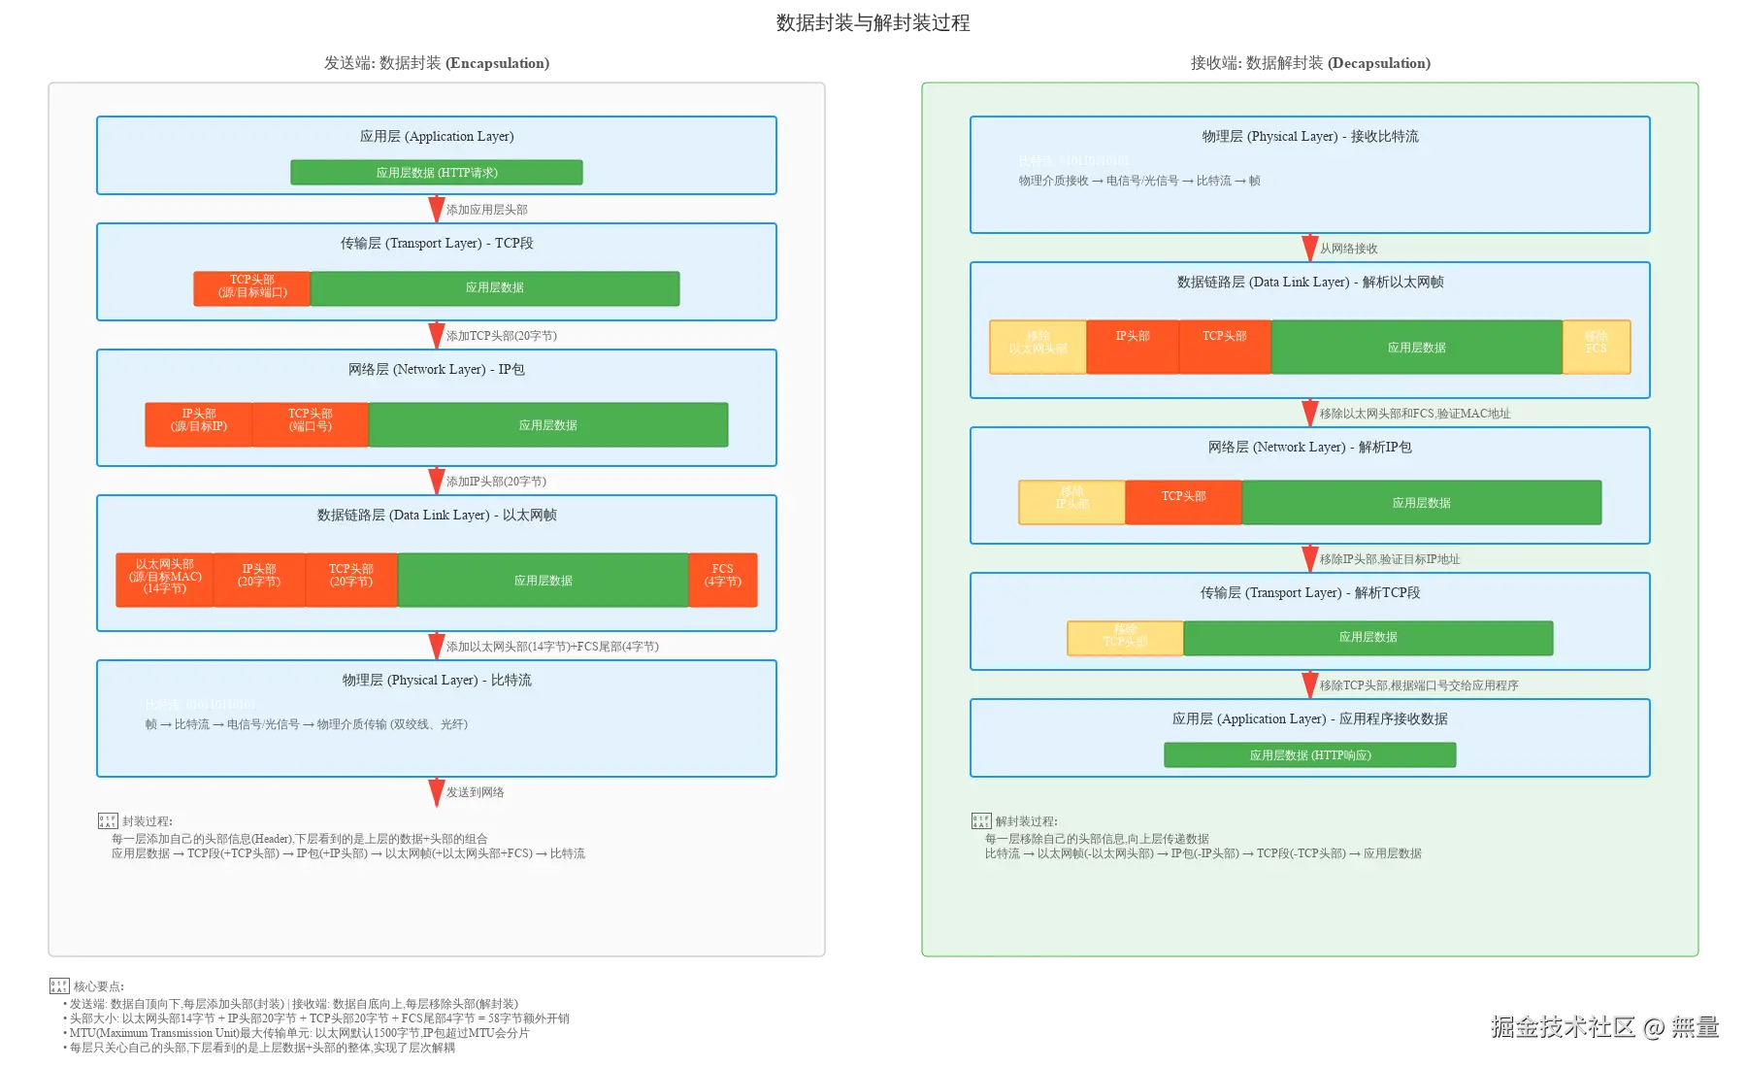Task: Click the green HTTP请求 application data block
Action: point(437,173)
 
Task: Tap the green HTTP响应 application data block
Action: point(1310,755)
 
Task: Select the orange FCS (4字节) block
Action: point(723,580)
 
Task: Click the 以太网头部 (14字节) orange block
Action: point(164,580)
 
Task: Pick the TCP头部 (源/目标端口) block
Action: point(252,288)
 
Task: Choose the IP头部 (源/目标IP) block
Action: point(199,424)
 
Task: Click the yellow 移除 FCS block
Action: point(1597,347)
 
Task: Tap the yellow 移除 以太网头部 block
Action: point(1038,347)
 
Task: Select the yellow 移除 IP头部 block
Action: point(1071,502)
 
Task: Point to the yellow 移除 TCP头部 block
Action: point(1125,638)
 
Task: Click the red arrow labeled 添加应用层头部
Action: point(437,209)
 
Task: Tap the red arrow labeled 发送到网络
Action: point(437,791)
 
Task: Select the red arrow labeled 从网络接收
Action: point(1310,248)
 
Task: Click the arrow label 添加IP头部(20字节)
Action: point(496,482)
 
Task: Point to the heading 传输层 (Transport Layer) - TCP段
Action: point(437,244)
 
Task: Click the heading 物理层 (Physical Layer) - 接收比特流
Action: point(1310,137)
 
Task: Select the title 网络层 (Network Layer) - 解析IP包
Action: point(1310,448)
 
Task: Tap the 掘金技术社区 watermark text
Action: point(1563,1026)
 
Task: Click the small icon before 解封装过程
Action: point(981,821)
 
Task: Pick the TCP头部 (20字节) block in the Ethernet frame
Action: point(351,580)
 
